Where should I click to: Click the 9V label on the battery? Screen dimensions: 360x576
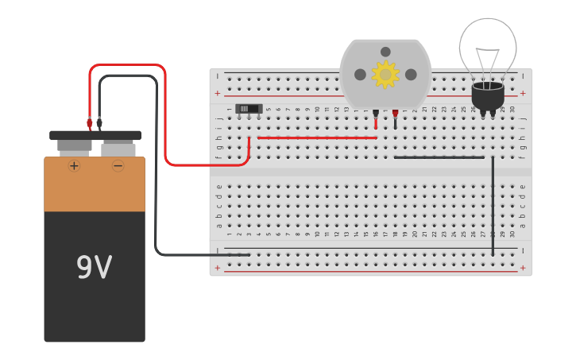tap(94, 268)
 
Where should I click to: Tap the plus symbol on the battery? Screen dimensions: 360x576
tap(74, 166)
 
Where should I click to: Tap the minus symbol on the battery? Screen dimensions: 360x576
tap(118, 166)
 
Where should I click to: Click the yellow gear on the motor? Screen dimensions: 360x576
tap(385, 74)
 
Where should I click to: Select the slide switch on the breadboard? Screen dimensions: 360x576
tap(249, 109)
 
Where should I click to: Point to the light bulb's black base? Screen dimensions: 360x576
tap(488, 95)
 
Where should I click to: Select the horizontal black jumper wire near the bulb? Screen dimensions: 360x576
tap(439, 157)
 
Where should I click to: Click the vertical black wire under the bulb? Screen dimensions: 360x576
tap(493, 207)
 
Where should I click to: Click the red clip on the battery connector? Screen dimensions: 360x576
tap(90, 123)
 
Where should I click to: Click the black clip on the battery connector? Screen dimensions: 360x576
tap(99, 123)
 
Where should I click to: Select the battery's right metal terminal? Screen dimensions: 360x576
tap(118, 149)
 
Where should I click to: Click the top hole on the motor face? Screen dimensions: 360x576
tap(385, 52)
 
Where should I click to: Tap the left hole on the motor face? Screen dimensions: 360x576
tap(360, 74)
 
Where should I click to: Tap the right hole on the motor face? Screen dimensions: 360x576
tap(411, 74)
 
